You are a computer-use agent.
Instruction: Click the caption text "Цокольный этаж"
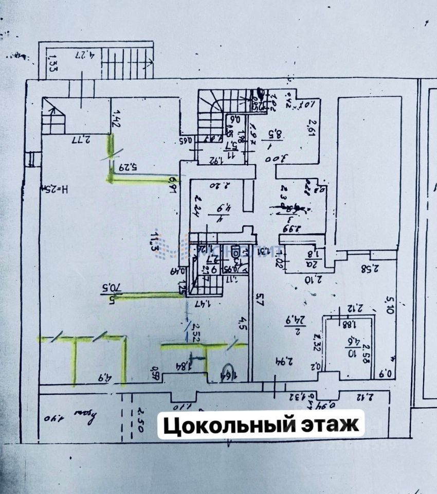(x=260, y=425)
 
